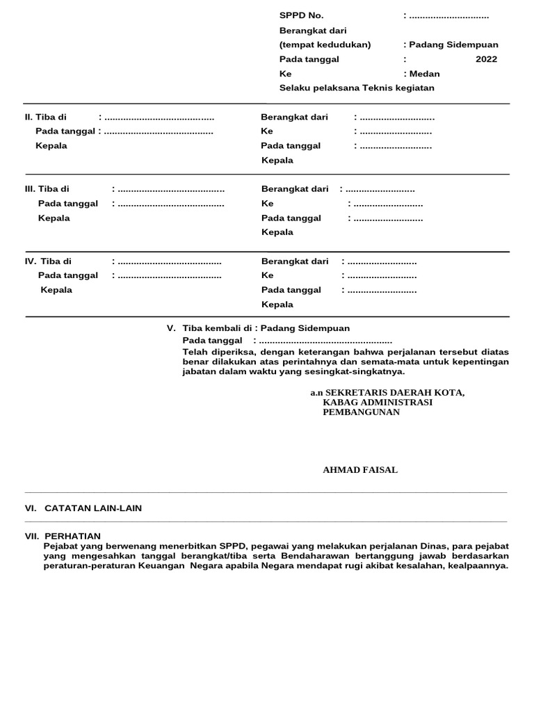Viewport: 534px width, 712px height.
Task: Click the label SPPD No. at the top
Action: (x=301, y=15)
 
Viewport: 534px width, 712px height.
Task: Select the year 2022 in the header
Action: (x=486, y=59)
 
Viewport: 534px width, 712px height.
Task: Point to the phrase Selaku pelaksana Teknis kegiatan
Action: (x=357, y=88)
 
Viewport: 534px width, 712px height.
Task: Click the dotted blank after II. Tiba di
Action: (x=159, y=117)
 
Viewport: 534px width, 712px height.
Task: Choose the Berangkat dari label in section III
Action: (x=295, y=189)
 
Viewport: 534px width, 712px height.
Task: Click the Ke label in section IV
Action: (x=268, y=275)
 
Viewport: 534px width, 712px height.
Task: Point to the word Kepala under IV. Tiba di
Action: (x=56, y=290)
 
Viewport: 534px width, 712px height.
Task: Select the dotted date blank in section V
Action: (x=325, y=341)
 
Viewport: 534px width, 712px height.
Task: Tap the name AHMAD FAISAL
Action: (x=360, y=470)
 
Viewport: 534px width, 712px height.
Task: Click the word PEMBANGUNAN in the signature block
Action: (x=361, y=412)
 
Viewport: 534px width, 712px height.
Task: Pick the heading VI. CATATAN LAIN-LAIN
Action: (x=83, y=508)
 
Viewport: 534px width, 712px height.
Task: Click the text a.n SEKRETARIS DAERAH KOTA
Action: (x=387, y=392)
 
